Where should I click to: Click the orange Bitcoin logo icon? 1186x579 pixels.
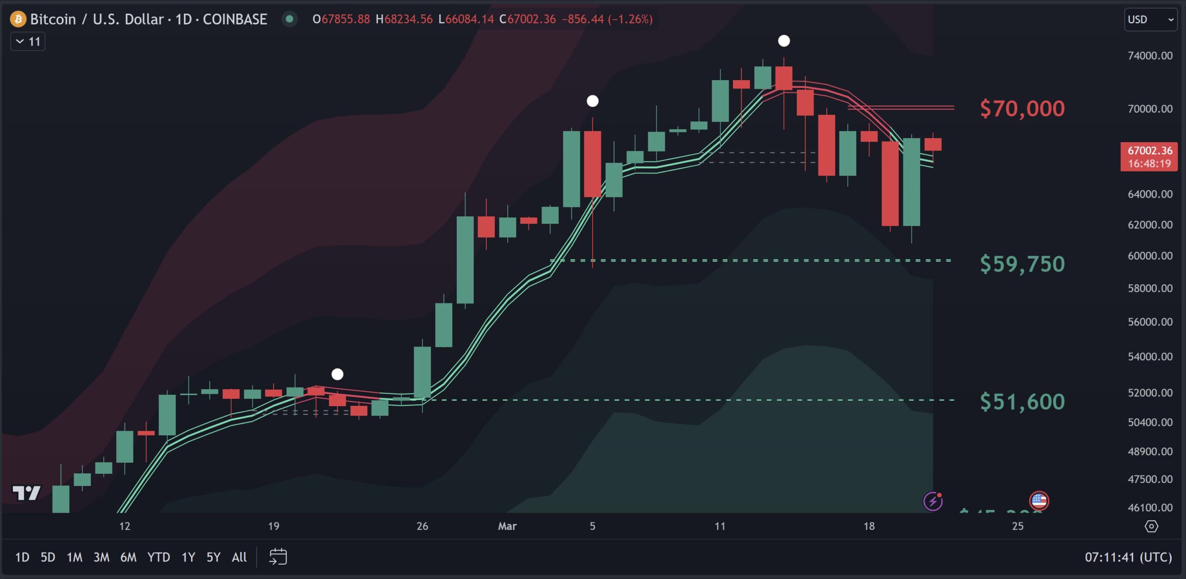pos(18,19)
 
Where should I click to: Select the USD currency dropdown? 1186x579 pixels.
pos(1150,19)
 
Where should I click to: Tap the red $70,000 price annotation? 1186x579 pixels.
pos(1022,108)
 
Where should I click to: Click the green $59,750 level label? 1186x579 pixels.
pos(1022,264)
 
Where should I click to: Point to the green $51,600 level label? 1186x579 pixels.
pos(1022,401)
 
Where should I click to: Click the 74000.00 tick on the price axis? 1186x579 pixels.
pos(1150,56)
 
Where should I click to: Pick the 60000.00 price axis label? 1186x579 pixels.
pos(1150,256)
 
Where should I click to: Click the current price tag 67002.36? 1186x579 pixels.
pos(1149,157)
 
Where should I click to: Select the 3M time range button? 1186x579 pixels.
pos(101,557)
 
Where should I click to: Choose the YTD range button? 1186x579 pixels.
pos(158,557)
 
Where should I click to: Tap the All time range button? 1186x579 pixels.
pos(239,557)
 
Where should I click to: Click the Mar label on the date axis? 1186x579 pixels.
pos(507,526)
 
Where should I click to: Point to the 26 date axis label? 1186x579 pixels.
pos(422,526)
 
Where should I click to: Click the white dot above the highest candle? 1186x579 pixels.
pos(784,41)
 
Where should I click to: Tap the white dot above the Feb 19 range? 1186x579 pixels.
pos(337,374)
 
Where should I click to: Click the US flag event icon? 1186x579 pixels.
pos(1039,501)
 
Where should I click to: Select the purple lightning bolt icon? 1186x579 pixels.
pos(933,501)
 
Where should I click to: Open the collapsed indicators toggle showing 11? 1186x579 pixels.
pos(28,42)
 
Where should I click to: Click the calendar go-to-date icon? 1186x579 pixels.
pos(278,557)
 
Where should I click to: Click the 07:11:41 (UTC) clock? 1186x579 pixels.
pos(1128,557)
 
